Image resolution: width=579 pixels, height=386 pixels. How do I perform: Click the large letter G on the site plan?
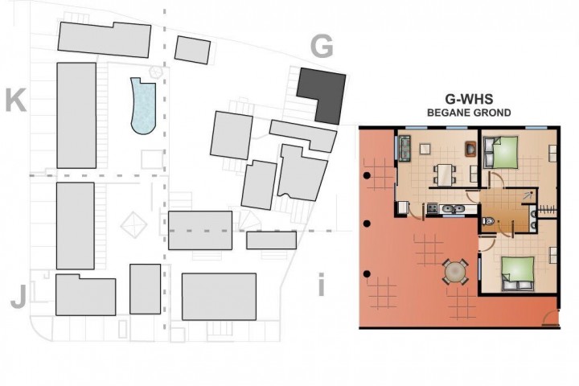point(322,47)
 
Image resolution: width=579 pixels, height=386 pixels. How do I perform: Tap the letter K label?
point(15,100)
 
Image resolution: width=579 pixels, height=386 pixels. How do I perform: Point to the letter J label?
point(18,297)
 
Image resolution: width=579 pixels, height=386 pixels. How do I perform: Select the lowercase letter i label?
point(321,285)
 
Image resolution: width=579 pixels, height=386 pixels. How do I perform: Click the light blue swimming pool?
point(143,106)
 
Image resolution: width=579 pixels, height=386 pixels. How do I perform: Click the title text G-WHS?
point(469,99)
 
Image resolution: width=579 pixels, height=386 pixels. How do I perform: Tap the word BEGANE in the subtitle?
point(447,113)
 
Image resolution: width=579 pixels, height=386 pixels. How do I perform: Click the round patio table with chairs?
point(456,273)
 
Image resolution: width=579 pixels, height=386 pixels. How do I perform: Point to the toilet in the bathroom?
point(488,221)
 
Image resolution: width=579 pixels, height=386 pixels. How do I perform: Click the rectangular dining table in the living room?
point(444,175)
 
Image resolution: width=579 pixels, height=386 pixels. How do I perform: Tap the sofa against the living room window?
point(404,148)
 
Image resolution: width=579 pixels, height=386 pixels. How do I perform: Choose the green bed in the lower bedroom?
point(518,273)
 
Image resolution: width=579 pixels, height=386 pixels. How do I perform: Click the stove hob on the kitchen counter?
point(432,208)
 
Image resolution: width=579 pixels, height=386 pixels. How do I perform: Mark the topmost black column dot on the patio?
point(367,175)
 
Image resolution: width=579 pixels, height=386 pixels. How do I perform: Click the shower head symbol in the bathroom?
point(528,195)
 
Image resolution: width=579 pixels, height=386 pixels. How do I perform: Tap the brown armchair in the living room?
point(470,149)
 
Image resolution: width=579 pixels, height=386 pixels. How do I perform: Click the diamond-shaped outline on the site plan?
point(133,224)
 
